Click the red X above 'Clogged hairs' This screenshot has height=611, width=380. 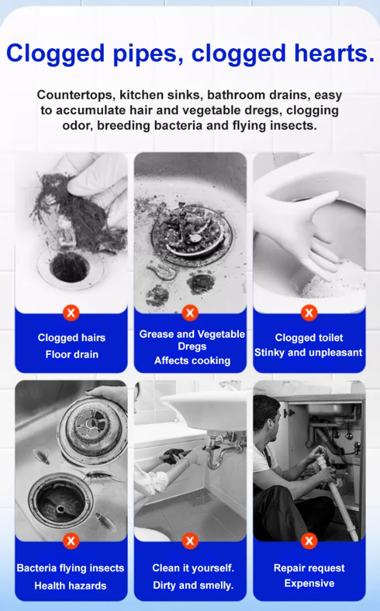point(71,313)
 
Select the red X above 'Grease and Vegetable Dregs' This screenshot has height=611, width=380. point(189,313)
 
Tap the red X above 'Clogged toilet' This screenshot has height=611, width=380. point(309,313)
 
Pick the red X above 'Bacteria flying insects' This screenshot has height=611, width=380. point(71,540)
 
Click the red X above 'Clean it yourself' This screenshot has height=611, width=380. point(189,540)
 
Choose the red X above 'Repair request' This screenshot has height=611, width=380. point(309,540)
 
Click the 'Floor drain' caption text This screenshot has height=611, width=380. point(72,355)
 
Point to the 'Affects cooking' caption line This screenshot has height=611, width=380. point(192,361)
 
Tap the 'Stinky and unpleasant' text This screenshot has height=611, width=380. point(308,353)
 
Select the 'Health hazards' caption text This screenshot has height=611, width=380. point(71,586)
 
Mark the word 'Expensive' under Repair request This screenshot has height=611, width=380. point(309,584)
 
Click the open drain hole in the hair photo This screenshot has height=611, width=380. point(69,268)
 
